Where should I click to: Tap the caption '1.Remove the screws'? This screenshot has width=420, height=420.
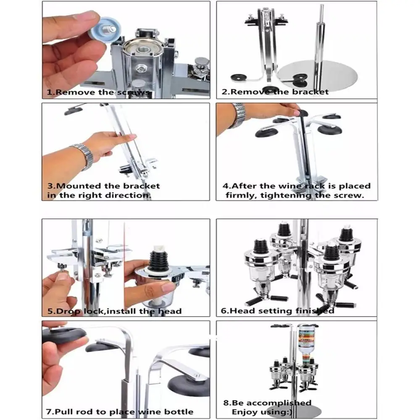pyautogui.click(x=98, y=92)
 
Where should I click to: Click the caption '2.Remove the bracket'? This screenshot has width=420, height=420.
pyautogui.click(x=275, y=92)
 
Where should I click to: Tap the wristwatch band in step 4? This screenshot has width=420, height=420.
pyautogui.click(x=237, y=115)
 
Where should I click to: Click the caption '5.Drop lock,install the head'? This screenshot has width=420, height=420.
pyautogui.click(x=114, y=311)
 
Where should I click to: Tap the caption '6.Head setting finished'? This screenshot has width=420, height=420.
pyautogui.click(x=278, y=311)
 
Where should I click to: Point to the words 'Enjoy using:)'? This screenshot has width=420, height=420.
pyautogui.click(x=262, y=412)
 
